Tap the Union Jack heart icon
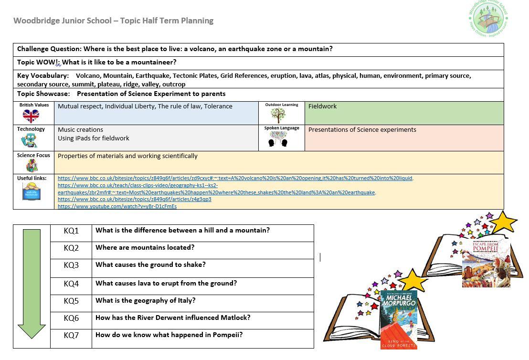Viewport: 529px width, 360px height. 31,116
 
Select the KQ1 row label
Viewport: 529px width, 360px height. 71,231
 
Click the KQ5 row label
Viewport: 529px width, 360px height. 71,301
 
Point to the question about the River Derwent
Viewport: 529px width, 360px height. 173,318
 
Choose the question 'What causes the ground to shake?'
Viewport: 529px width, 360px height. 150,265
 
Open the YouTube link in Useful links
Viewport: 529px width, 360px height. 117,206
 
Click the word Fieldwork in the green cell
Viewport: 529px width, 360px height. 322,106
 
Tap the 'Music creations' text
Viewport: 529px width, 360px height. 80,129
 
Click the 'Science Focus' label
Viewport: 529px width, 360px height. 33,155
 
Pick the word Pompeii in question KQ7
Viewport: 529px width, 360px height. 228,335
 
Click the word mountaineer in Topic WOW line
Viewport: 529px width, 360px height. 152,62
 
